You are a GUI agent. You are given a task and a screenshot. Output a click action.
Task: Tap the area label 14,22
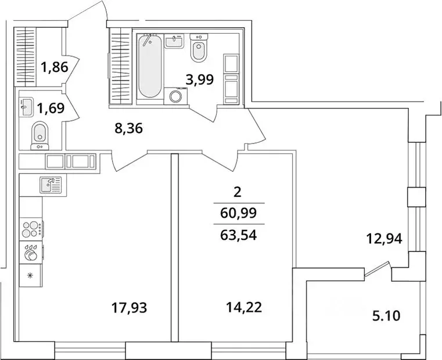[x=243, y=308]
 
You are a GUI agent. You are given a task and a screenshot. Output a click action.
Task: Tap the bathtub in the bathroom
[x=151, y=67]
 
